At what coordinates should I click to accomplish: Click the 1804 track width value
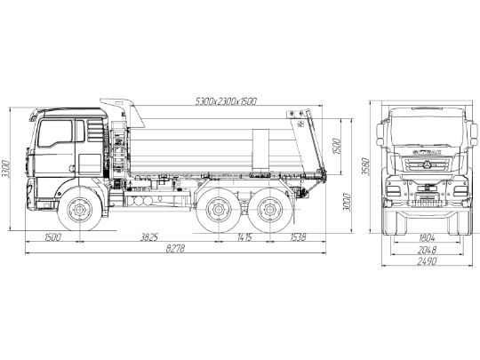pos(427,237)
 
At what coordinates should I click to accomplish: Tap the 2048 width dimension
pos(427,251)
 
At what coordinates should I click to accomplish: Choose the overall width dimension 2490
pos(427,264)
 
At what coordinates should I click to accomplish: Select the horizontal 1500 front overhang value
pos(52,237)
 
